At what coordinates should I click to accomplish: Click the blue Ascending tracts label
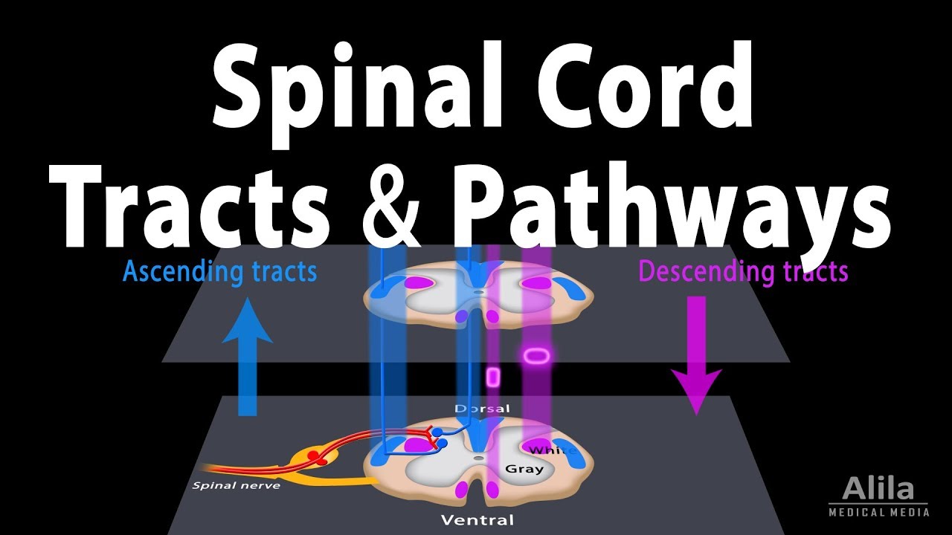pos(219,272)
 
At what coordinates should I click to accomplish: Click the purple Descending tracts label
pos(743,272)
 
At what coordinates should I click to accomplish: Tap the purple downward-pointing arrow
pos(697,357)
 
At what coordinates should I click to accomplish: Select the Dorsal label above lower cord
pos(483,409)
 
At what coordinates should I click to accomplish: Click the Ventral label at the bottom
pos(477,519)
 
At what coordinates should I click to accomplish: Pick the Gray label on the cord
pos(524,469)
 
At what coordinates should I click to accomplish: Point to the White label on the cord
pos(552,450)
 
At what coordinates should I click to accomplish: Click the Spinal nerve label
pos(225,486)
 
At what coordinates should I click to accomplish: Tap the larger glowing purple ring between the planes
pos(536,357)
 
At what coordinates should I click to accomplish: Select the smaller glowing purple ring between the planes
pos(492,377)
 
